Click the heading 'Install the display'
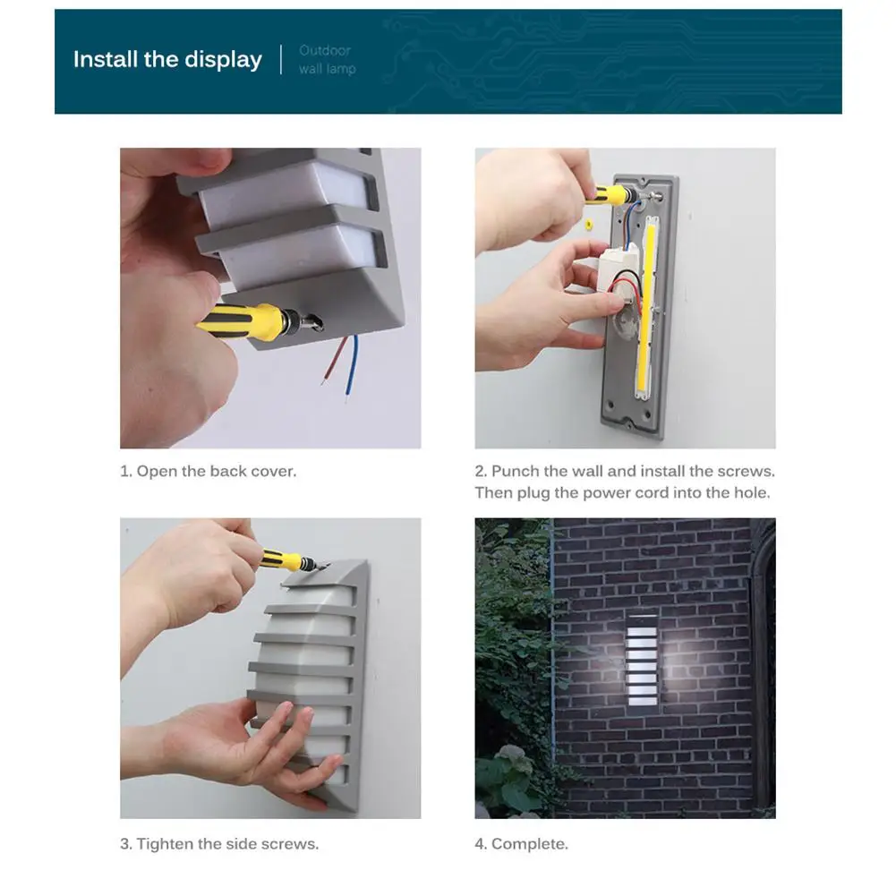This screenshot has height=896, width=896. pos(167,59)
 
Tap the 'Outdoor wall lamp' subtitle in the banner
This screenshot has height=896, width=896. pos(327,59)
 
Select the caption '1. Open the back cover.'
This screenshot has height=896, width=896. pos(208,472)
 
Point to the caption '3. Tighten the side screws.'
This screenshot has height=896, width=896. pos(219,844)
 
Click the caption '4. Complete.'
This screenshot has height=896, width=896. pos(521,844)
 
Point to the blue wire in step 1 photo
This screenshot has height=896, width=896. pos(353,366)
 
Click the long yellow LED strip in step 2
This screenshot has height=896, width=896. pos(647,309)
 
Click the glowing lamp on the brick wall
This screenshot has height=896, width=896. pos(642,660)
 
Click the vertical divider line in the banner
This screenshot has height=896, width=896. pos(281,59)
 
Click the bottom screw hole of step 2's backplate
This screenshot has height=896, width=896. pos(630,424)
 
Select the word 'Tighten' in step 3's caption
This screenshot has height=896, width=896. pos(165,844)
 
